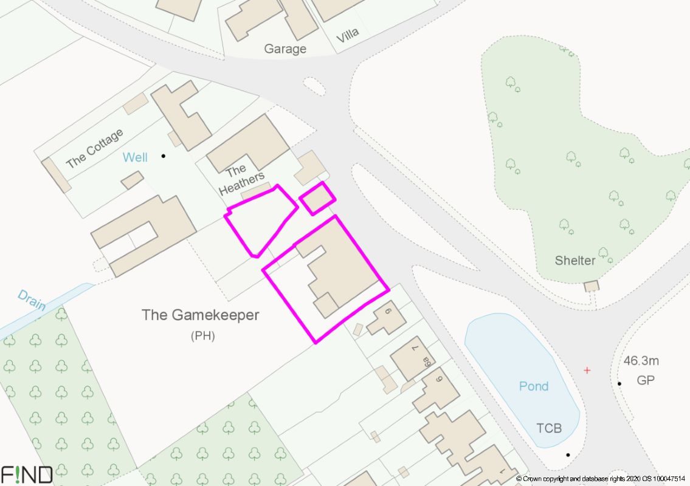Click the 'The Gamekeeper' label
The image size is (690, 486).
point(200,315)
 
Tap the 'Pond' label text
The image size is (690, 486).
point(533,386)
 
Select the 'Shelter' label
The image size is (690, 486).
point(574,261)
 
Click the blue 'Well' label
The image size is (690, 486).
point(135,158)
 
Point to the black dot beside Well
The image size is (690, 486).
point(163,156)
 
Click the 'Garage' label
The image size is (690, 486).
point(285,49)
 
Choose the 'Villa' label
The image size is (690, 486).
point(347,33)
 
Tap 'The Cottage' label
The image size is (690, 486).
point(94,148)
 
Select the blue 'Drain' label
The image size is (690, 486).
point(32,300)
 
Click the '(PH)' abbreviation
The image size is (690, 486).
point(203,335)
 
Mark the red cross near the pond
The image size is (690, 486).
point(587,370)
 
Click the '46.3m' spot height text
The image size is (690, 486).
point(641,361)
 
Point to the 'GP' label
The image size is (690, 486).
point(645,381)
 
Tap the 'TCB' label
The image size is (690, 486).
point(548,429)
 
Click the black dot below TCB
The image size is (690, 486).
point(568,455)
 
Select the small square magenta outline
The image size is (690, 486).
point(317,198)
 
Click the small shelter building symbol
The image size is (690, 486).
point(591,286)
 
